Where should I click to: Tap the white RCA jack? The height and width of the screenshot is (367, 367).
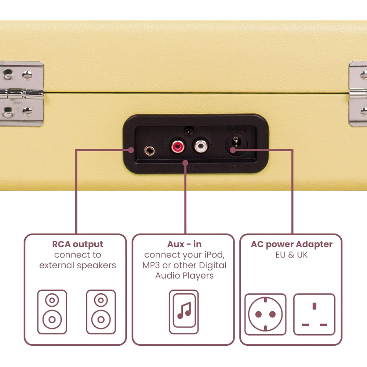tap(200, 146)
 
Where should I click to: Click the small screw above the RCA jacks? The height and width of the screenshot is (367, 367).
tap(189, 130)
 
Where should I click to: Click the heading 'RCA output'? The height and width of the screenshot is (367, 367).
tap(77, 244)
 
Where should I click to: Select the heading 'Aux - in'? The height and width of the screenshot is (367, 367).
tap(184, 244)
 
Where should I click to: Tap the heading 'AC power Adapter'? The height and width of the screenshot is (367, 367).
tap(292, 244)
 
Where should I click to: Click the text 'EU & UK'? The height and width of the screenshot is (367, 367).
tap(292, 255)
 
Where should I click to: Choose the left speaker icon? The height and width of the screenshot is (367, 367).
tap(52, 312)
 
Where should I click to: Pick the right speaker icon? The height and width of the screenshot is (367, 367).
tap(101, 312)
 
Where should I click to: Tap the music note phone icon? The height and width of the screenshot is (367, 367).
tap(184, 312)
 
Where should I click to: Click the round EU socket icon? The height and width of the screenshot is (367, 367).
tap(265, 314)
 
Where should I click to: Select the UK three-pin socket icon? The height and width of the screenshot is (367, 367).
tap(314, 314)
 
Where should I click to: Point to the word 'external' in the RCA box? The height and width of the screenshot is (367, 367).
tap(59, 265)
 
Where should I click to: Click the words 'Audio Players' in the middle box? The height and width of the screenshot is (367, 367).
tap(184, 275)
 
